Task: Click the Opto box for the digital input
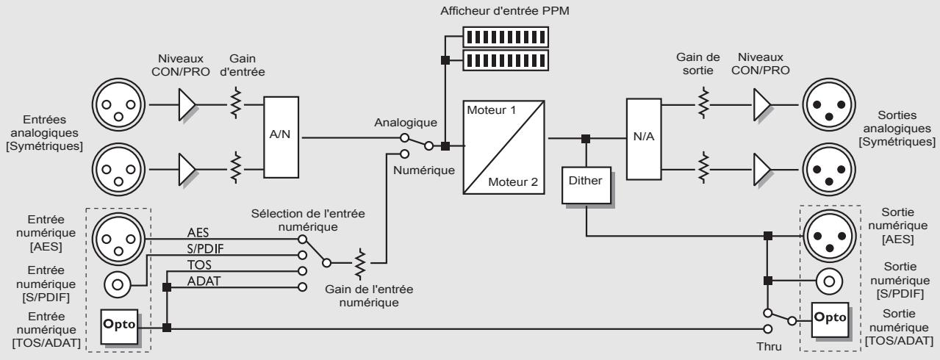point(118,325)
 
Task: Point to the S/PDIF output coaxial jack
point(828,281)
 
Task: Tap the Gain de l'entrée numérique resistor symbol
point(360,262)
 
